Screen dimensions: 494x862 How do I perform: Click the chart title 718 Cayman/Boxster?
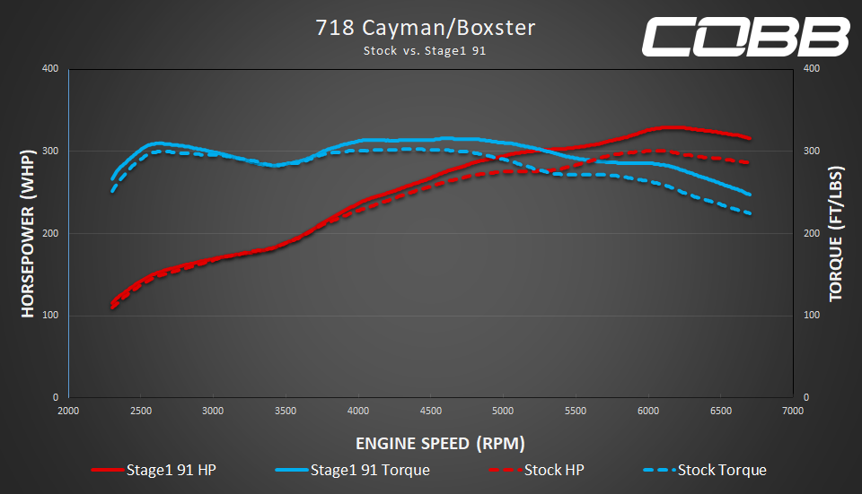point(425,28)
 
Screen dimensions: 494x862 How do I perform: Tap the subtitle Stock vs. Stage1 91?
point(425,51)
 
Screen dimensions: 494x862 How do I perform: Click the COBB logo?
point(744,37)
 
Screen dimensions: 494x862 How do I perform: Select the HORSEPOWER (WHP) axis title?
point(28,233)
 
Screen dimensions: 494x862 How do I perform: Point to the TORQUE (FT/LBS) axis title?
point(836,233)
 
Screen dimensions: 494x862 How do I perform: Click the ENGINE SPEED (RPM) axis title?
point(440,443)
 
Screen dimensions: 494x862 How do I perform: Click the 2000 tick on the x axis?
point(68,411)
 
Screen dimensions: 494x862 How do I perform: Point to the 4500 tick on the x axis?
point(431,411)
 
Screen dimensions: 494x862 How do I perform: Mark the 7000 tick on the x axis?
point(793,411)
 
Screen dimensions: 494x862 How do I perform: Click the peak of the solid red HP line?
point(669,128)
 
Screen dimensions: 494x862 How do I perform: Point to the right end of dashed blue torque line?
point(749,213)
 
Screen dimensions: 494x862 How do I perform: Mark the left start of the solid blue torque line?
point(112,179)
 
